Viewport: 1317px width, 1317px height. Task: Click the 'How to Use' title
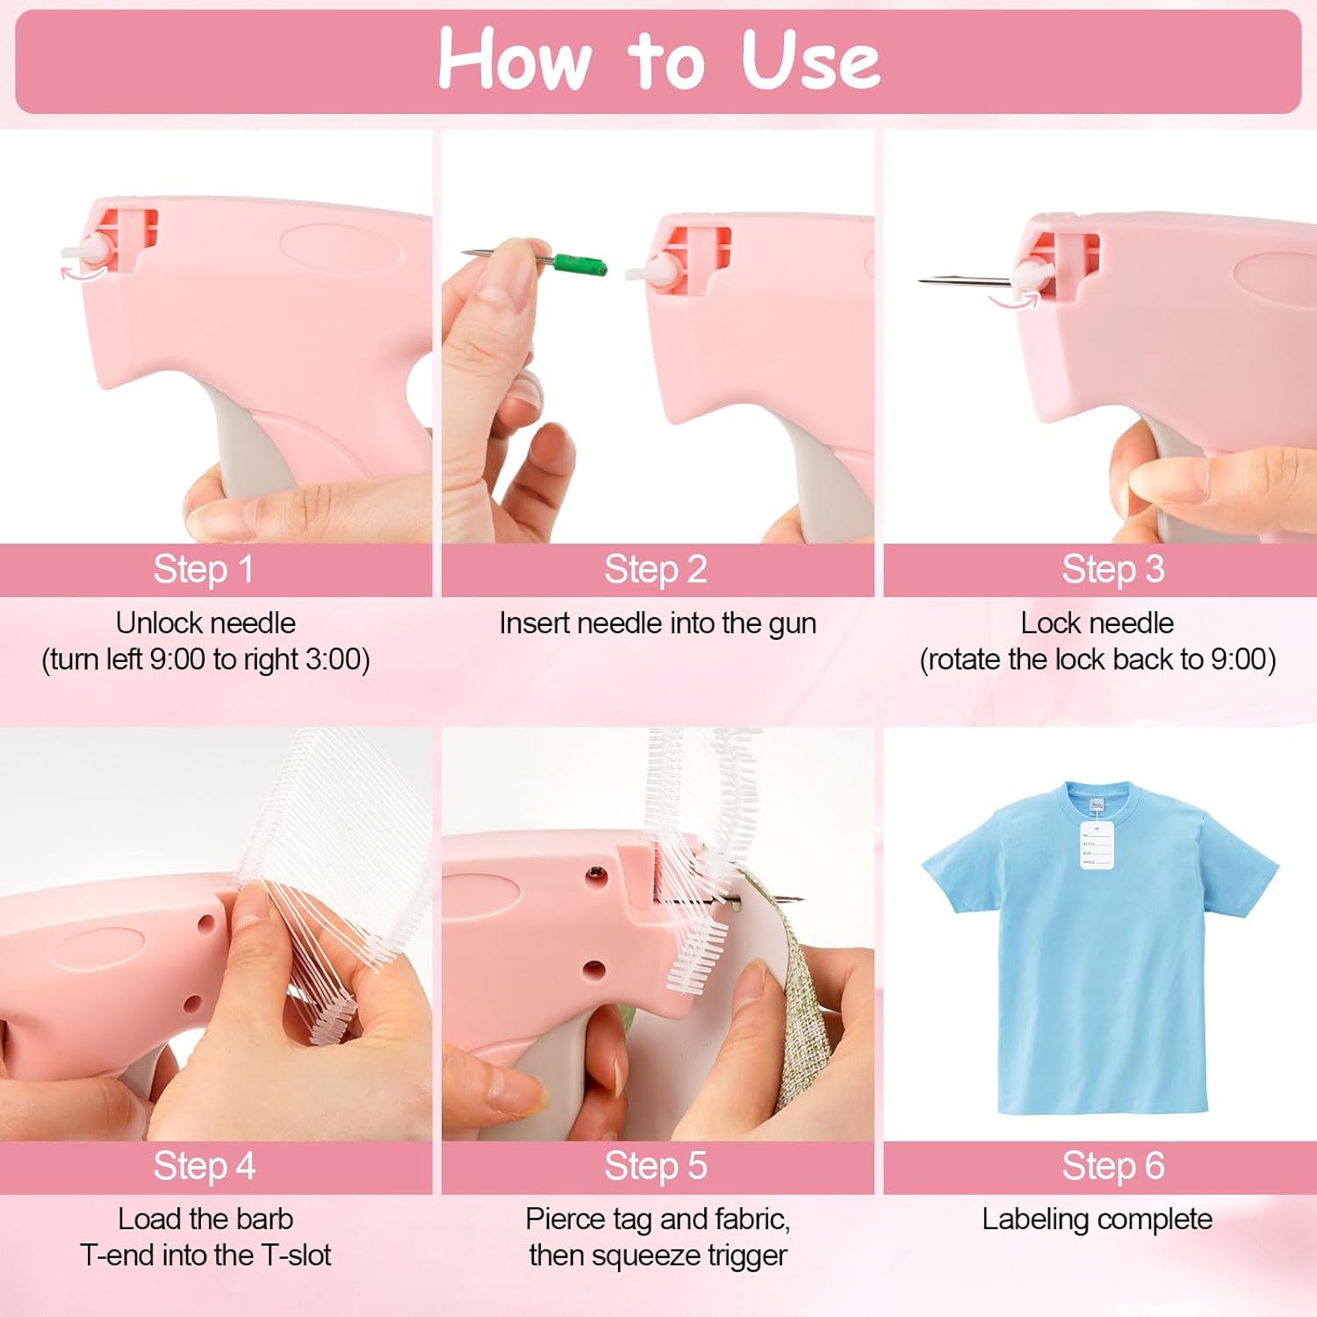[658, 60]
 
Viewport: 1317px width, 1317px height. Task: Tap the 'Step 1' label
[204, 570]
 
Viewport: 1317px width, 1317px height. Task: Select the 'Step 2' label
[656, 570]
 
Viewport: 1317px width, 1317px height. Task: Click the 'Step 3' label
[1112, 570]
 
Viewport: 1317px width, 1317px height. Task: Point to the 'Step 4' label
[204, 1167]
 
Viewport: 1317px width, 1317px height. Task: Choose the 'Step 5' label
[656, 1167]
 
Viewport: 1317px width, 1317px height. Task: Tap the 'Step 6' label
[1112, 1167]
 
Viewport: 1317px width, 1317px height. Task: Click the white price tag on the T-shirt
[1096, 845]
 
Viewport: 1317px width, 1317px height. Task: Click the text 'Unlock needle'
[205, 623]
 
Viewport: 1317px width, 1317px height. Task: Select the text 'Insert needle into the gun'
[658, 623]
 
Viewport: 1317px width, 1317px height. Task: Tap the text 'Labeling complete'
[1097, 1220]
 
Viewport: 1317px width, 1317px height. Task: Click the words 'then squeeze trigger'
[658, 1256]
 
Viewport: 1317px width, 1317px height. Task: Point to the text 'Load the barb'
[205, 1220]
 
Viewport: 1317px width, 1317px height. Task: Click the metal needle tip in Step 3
[931, 280]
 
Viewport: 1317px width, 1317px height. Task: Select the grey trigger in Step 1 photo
[250, 448]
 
